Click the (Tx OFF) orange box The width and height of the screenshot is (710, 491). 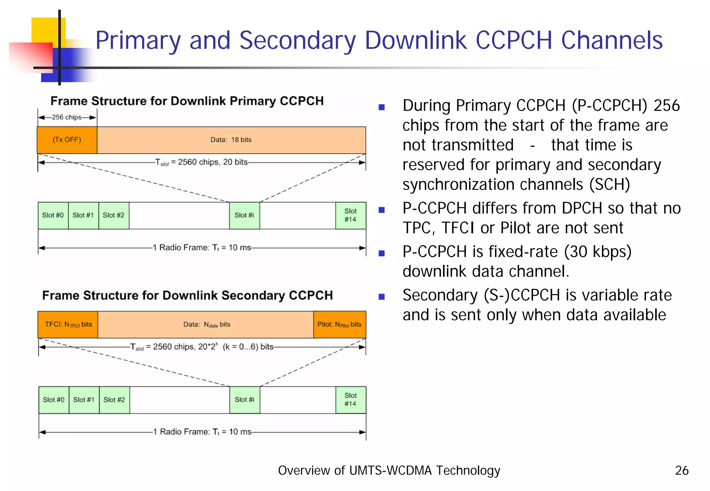point(67,140)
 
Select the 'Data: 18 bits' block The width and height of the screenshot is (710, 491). point(231,140)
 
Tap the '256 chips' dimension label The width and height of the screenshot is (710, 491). point(67,117)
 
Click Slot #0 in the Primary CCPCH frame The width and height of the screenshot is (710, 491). point(53,215)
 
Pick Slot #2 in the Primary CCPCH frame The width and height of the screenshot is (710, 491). point(114,215)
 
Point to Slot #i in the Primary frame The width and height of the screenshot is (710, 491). point(244,215)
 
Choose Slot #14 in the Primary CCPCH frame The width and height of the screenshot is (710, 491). point(350,215)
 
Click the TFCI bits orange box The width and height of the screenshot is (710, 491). point(68,325)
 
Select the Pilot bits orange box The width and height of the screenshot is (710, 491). point(339,325)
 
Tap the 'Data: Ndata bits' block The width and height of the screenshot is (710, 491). point(207,325)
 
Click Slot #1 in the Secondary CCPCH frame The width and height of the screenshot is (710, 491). point(84,400)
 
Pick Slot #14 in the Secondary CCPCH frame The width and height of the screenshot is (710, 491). point(350,400)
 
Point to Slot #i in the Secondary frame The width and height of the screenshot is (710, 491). point(244,400)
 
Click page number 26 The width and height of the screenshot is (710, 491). point(682,471)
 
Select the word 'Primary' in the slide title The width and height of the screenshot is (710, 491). point(138,41)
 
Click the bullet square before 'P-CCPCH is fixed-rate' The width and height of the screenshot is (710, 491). point(382,253)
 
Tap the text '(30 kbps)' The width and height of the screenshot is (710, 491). point(597,252)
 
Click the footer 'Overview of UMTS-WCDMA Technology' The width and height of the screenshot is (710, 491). point(389,471)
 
